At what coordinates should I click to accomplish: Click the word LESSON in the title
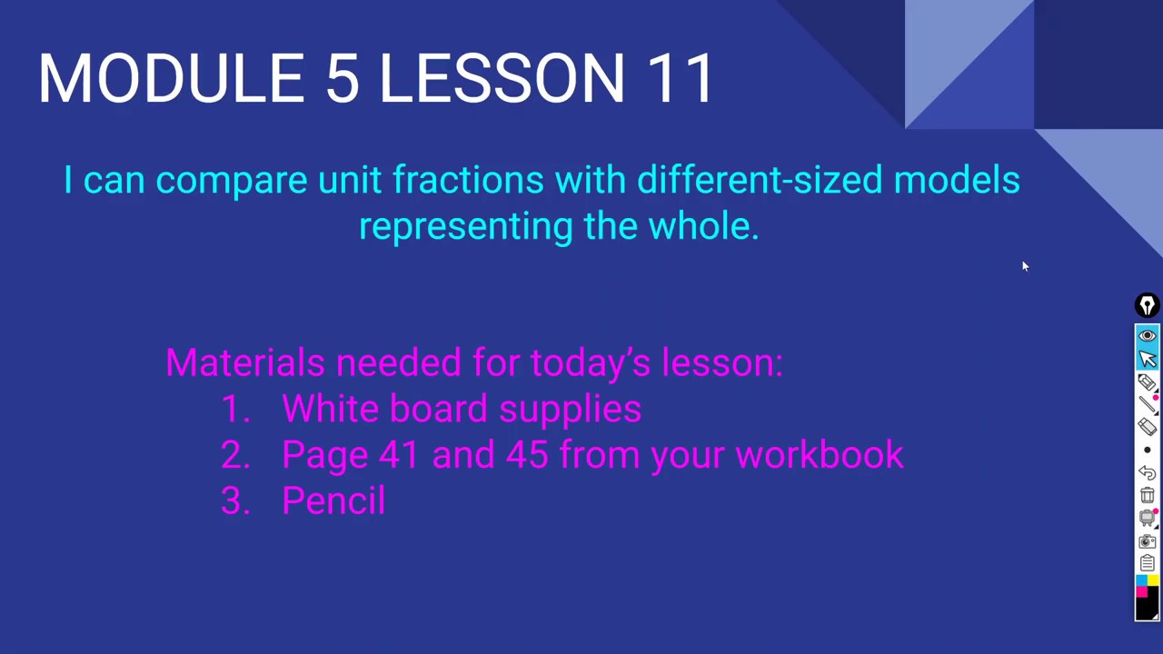tap(502, 78)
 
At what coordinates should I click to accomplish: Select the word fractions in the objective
tap(467, 180)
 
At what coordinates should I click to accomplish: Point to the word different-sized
tap(760, 180)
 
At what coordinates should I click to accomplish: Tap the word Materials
tap(244, 362)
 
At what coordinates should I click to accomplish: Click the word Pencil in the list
tap(333, 500)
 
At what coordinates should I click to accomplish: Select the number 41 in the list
tap(398, 454)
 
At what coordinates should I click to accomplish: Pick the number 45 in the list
tap(527, 454)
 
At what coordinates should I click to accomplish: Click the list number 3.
tap(234, 500)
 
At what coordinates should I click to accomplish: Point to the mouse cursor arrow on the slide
tap(1024, 265)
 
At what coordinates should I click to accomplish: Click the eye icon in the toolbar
tap(1148, 336)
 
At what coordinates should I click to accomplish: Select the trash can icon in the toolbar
tap(1148, 495)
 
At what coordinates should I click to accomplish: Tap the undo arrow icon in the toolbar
tap(1148, 472)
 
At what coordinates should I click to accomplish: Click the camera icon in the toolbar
tap(1148, 541)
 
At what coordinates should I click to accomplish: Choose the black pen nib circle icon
tap(1148, 305)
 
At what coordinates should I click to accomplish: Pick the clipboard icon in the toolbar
tap(1148, 563)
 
